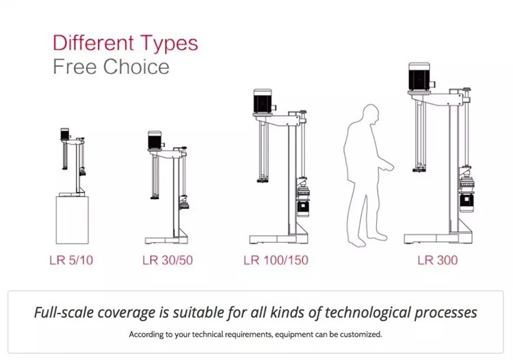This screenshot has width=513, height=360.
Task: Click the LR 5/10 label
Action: click(x=71, y=260)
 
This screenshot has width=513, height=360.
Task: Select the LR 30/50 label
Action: click(x=168, y=260)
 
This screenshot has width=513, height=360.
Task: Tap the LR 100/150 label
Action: click(x=276, y=260)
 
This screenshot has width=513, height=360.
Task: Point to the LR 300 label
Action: click(x=438, y=260)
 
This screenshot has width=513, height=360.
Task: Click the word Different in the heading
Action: click(x=94, y=43)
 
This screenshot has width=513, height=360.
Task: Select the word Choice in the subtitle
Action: click(x=136, y=67)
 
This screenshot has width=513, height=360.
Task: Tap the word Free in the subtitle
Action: click(x=75, y=67)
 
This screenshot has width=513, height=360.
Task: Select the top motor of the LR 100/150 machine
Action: click(x=263, y=101)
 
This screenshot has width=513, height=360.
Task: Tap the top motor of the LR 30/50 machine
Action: click(x=155, y=140)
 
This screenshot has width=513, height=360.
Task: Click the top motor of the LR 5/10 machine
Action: click(x=65, y=133)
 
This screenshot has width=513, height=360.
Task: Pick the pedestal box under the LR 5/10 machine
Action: click(x=73, y=220)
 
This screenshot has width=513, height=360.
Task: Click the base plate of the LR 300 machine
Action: click(x=438, y=239)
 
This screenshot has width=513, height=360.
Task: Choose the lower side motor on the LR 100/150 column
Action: click(x=303, y=209)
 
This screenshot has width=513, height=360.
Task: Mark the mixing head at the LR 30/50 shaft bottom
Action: click(x=155, y=197)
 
